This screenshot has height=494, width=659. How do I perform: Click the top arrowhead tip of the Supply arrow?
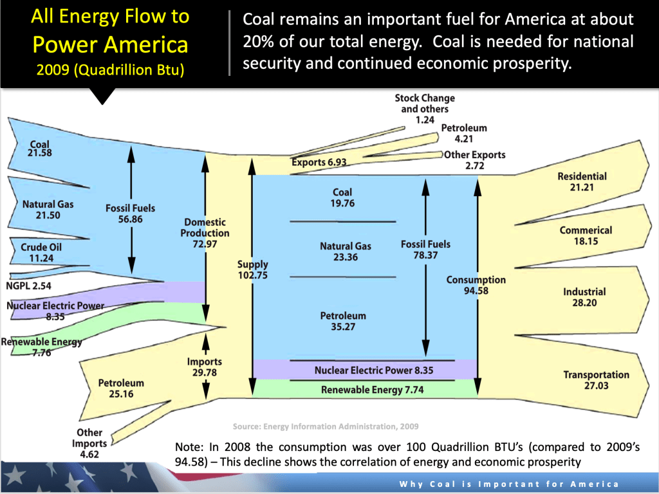pos(252,159)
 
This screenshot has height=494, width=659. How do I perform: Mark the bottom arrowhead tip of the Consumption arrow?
pos(478,395)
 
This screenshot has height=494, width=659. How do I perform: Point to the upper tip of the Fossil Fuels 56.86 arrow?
pos(131,146)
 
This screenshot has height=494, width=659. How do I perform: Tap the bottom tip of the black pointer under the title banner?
pos(102,105)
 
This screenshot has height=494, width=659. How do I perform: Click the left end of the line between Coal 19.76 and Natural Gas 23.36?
pos(290,221)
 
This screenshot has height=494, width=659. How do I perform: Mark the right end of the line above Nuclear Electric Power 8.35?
pos(455,360)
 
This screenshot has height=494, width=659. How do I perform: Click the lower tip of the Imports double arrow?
pos(205,399)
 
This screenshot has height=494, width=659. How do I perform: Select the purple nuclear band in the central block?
pos(365,370)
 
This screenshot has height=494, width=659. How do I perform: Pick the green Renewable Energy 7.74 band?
pos(365,389)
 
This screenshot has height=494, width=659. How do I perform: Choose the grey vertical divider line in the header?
pos(230,43)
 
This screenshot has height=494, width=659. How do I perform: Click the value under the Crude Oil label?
pos(41,258)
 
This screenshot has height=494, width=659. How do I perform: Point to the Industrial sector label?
pos(584,291)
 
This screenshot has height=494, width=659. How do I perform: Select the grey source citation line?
pos(326,426)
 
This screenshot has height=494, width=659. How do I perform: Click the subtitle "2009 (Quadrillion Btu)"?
pos(110,69)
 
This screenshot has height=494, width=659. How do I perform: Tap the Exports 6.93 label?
pos(319,162)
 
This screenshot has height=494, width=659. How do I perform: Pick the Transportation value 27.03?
pos(596,386)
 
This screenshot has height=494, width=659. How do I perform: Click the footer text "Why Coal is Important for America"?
pos(509,484)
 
